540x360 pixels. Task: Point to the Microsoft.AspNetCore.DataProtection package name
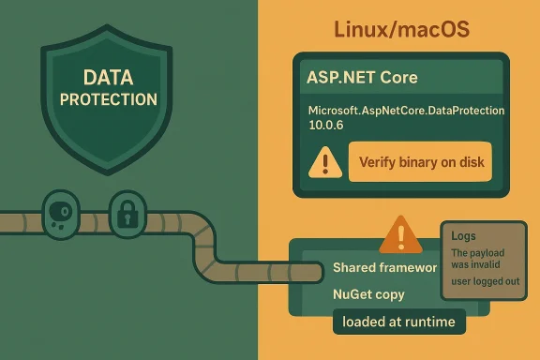point(406,111)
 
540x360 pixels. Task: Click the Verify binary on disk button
point(420,162)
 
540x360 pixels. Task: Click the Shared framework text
point(384,268)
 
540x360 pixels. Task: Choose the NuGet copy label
point(368,294)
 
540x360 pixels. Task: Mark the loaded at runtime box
point(398,322)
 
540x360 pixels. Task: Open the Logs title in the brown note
point(463,237)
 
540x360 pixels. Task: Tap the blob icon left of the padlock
point(58,214)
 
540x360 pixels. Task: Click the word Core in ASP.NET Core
point(397,78)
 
